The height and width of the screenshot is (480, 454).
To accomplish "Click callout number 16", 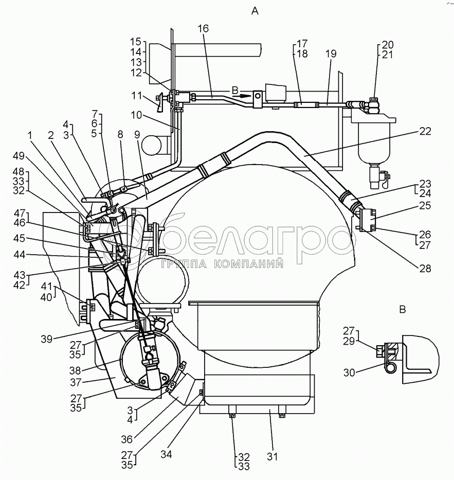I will click(203, 29).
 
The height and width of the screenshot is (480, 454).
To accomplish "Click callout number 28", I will click(425, 268).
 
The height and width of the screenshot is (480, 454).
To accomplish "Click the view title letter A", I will click(254, 10).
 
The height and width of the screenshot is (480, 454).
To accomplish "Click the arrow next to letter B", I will click(245, 95).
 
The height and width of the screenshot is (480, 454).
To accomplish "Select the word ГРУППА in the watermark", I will click(185, 264).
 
